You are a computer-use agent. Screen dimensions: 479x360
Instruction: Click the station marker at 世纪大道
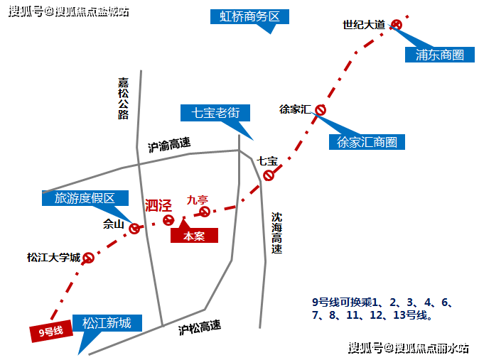[x=397, y=25]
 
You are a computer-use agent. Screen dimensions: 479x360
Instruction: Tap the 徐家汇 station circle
[x=321, y=110]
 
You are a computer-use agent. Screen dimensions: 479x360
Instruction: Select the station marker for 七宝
[x=269, y=175]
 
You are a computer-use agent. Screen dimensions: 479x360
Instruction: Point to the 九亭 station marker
[x=205, y=212]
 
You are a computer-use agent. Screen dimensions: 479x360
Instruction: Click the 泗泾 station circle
[x=168, y=220]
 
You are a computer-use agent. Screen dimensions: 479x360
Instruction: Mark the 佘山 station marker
[x=134, y=228]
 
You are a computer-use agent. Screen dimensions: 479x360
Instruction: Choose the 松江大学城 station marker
[x=88, y=258]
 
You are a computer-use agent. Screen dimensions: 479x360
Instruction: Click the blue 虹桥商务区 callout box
[x=249, y=16]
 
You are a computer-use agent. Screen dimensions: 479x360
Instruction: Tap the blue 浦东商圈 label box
[x=440, y=55]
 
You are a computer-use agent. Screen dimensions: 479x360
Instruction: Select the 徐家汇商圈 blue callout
[x=367, y=142]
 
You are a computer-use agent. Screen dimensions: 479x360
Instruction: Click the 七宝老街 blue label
[x=215, y=113]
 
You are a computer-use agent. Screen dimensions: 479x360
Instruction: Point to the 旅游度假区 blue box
[x=85, y=198]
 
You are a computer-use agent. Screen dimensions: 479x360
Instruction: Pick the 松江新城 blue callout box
[x=107, y=323]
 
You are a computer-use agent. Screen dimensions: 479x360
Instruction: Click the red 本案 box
[x=194, y=236]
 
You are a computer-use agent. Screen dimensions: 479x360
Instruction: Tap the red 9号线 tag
[x=51, y=331]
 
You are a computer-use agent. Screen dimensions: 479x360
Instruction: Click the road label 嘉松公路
[x=123, y=98]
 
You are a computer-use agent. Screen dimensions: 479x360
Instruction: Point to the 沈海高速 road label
[x=276, y=234]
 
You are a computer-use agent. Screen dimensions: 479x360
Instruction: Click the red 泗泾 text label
[x=158, y=205]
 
